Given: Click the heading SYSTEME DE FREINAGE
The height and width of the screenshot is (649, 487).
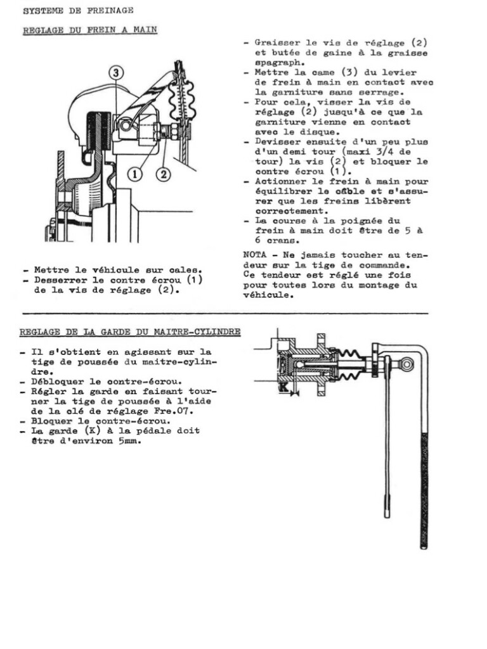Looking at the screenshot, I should point(78,11).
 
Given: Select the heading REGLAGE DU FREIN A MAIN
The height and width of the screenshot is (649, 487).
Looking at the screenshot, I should point(90,30).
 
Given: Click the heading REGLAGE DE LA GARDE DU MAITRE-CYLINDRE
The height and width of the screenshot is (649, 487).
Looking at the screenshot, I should point(130,332).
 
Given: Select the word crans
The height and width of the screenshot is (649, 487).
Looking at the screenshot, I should point(282,241).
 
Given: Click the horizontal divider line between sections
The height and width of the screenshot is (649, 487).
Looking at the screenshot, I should point(225,314).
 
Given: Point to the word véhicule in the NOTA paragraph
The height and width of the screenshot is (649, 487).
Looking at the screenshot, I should point(268,295).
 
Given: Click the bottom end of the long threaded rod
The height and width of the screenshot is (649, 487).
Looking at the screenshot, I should point(423,544).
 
